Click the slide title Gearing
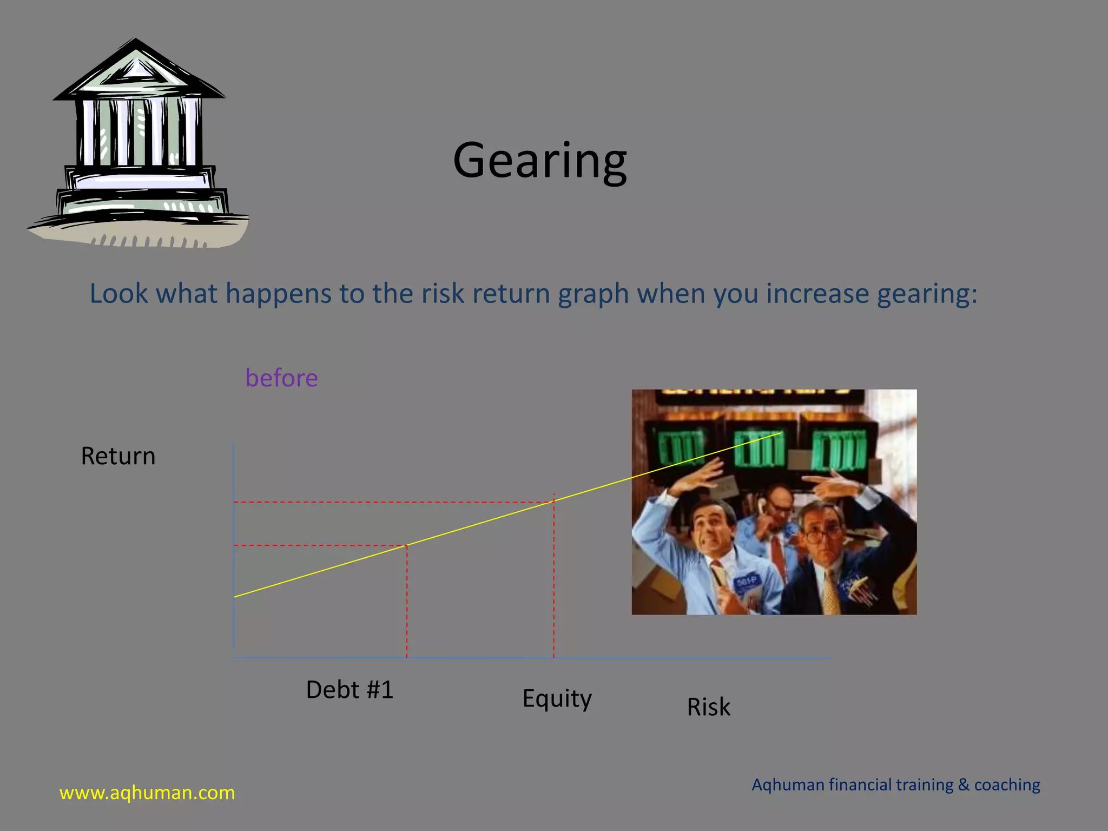[x=540, y=161]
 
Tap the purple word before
[x=281, y=378]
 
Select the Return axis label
[x=118, y=456]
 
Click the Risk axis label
[x=708, y=707]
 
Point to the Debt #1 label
[x=349, y=690]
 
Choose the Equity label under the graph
[x=557, y=698]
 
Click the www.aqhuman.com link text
[x=147, y=793]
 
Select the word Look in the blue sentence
[x=118, y=294]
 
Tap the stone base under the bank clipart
[x=138, y=233]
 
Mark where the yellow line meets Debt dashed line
[x=407, y=545]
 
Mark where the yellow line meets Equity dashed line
[x=553, y=502]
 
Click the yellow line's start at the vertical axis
[x=234, y=597]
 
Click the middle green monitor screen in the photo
[x=759, y=449]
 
